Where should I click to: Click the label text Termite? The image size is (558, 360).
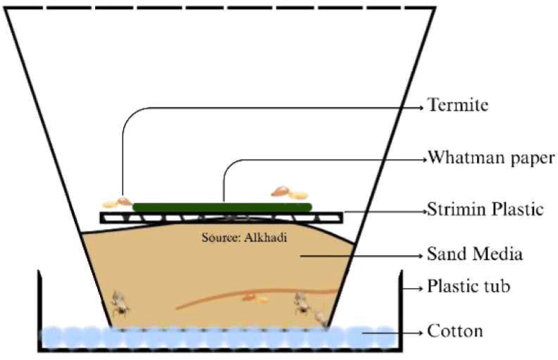(x=458, y=106)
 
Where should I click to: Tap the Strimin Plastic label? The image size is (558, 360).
(x=485, y=210)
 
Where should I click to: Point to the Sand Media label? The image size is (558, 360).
(x=474, y=254)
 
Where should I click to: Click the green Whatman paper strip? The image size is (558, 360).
(x=223, y=207)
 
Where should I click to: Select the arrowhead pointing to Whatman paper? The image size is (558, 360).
(x=422, y=158)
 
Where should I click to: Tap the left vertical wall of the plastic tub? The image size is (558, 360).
(x=39, y=310)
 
